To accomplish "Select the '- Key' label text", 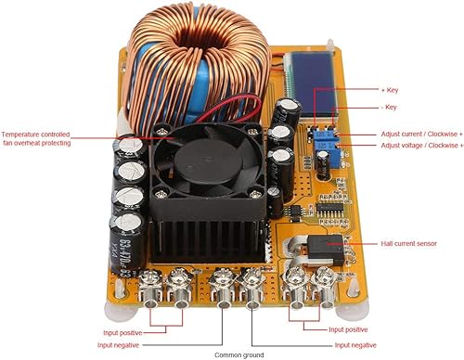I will pyautogui.click(x=391, y=108).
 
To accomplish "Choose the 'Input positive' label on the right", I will pyautogui.click(x=349, y=329).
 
